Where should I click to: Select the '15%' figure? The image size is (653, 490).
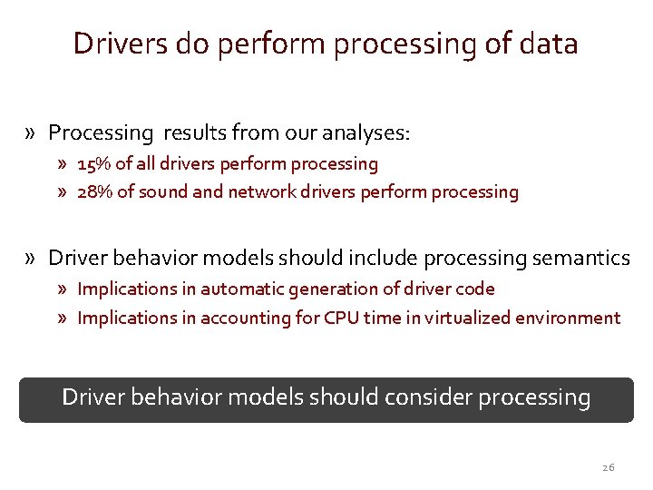(x=93, y=164)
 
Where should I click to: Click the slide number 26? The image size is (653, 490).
(x=608, y=467)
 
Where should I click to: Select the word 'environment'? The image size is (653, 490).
(x=567, y=318)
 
